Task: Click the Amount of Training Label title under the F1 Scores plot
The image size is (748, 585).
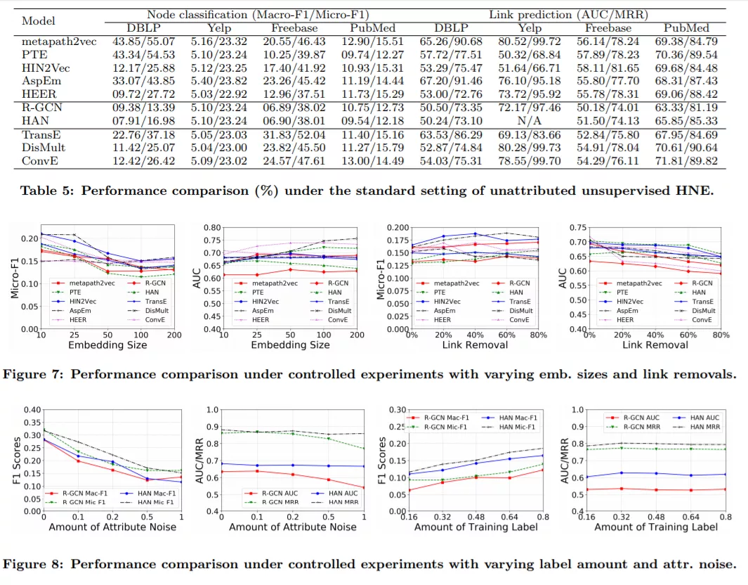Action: point(466,527)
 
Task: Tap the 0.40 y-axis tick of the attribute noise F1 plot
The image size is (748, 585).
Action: point(30,410)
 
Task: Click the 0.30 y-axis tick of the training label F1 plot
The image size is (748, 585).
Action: point(397,410)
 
